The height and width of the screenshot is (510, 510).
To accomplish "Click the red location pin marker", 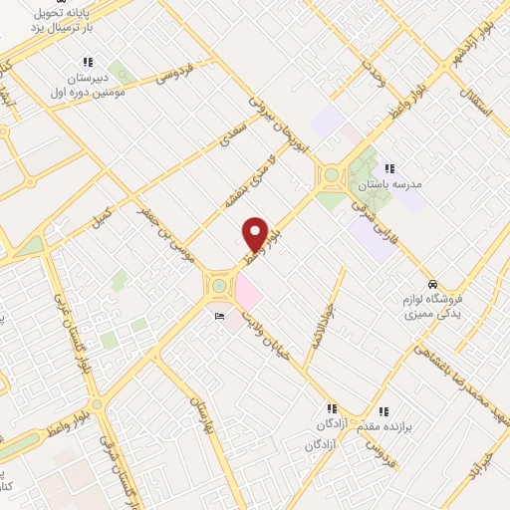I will coord(255,234).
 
